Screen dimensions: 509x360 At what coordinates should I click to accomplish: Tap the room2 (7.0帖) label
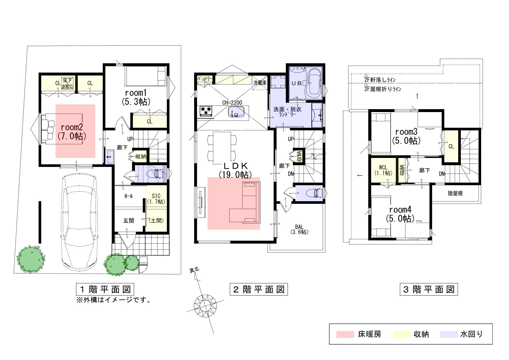(72, 132)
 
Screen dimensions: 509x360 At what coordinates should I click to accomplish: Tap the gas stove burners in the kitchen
(206, 111)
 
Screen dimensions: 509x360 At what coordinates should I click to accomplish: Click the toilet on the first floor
(156, 174)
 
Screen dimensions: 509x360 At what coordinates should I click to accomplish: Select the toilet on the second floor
(315, 193)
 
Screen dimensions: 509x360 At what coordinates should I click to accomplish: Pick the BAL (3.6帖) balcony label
(299, 229)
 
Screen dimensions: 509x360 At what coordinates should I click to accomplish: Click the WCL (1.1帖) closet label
(383, 170)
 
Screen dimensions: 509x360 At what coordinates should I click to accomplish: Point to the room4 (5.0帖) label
(400, 214)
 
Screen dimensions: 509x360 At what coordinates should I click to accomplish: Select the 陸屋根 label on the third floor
(455, 193)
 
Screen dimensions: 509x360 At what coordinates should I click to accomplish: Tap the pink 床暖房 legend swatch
(345, 334)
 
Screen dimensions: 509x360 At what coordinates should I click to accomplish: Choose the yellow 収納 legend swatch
(402, 334)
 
